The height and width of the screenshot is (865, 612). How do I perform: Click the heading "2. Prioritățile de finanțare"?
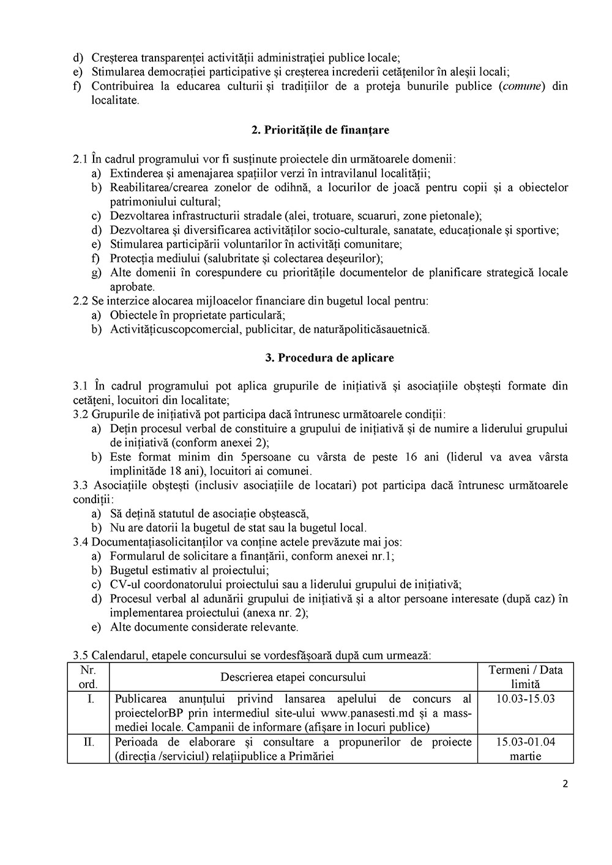click(320, 130)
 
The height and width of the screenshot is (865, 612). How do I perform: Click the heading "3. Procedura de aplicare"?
click(321, 358)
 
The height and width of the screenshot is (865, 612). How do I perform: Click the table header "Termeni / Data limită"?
click(525, 677)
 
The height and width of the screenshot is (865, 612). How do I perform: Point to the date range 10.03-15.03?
click(525, 699)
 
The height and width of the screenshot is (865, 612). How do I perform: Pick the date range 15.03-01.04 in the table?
click(525, 742)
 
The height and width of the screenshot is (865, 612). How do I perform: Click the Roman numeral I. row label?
click(90, 699)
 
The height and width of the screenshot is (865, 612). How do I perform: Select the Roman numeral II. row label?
click(89, 742)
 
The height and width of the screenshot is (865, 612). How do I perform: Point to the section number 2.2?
click(81, 301)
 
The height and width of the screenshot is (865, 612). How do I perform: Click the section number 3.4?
click(81, 542)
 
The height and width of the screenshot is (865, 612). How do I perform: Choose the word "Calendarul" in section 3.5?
click(118, 656)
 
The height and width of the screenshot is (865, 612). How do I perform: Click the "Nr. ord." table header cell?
click(88, 677)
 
